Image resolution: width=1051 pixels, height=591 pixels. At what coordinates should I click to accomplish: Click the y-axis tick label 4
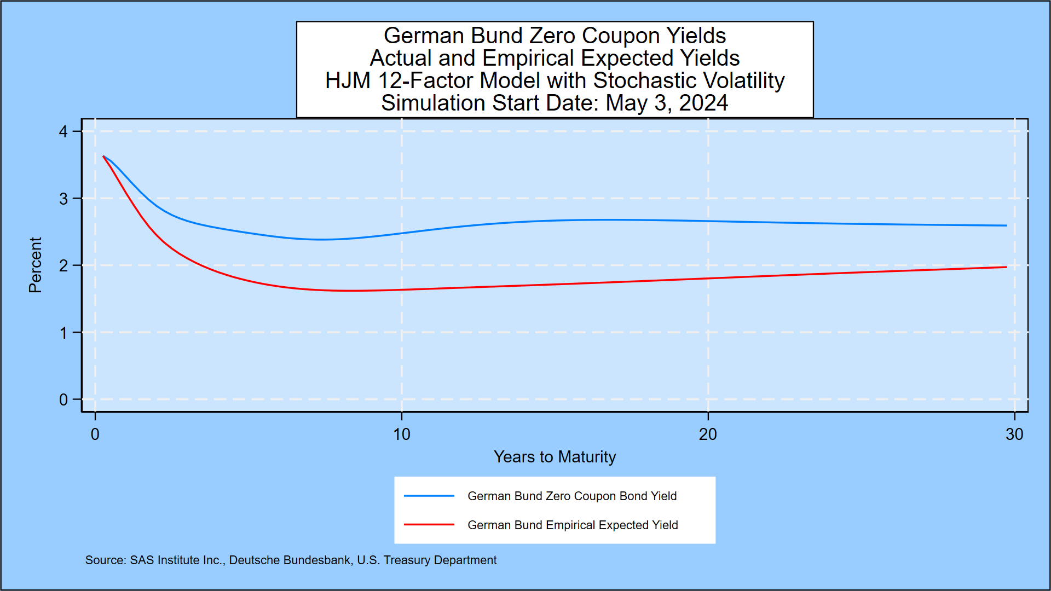coord(63,132)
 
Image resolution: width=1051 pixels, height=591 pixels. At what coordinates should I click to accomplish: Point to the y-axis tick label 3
coord(63,199)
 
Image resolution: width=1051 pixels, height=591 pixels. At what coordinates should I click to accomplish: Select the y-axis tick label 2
coord(63,266)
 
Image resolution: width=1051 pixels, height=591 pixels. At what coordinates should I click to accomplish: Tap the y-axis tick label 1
coord(63,333)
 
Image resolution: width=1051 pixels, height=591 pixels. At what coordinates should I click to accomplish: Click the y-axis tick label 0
coord(63,400)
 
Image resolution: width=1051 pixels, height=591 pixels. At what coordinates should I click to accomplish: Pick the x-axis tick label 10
coord(401,434)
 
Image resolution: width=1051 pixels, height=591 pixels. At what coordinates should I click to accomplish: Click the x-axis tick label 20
coord(707,434)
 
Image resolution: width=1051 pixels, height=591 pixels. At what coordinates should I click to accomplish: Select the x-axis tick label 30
coord(1014,434)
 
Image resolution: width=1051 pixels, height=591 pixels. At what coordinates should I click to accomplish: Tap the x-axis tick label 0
coord(95,434)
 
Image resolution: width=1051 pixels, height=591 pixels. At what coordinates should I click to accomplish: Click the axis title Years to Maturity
coord(555,457)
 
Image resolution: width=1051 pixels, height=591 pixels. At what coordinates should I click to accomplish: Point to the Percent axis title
coord(35,265)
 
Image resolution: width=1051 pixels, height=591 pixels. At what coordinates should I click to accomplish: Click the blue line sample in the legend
coord(429,496)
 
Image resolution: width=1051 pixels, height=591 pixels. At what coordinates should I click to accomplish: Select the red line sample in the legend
coord(429,525)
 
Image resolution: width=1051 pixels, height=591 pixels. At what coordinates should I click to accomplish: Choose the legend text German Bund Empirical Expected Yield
coord(573,525)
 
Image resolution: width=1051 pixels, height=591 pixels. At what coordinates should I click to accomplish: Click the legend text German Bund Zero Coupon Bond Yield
coord(572,496)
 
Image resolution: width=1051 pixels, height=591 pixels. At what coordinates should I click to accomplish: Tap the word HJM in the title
coord(348,81)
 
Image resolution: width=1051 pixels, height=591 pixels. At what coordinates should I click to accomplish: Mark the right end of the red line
coord(1006,267)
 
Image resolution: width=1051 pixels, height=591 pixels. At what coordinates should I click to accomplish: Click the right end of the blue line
coord(1006,225)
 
